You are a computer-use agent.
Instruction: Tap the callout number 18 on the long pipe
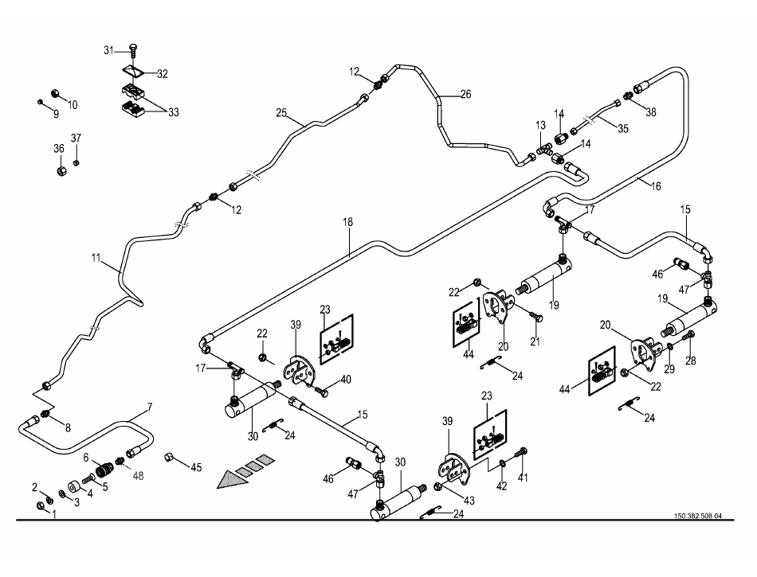[x=347, y=224]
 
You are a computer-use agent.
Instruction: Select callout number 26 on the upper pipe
[x=465, y=94]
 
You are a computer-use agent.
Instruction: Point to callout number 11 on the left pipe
[x=96, y=258]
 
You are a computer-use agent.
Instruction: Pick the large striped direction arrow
[x=248, y=471]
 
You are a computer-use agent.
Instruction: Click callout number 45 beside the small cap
[x=195, y=467]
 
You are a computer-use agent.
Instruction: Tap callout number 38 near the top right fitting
[x=651, y=112]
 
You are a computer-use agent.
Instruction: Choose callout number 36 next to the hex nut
[x=59, y=149]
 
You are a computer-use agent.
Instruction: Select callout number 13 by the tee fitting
[x=541, y=126]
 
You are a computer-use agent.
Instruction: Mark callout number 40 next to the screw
[x=346, y=380]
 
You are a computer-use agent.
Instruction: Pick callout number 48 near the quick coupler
[x=139, y=476]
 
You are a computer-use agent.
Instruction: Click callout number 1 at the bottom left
[x=54, y=514]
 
